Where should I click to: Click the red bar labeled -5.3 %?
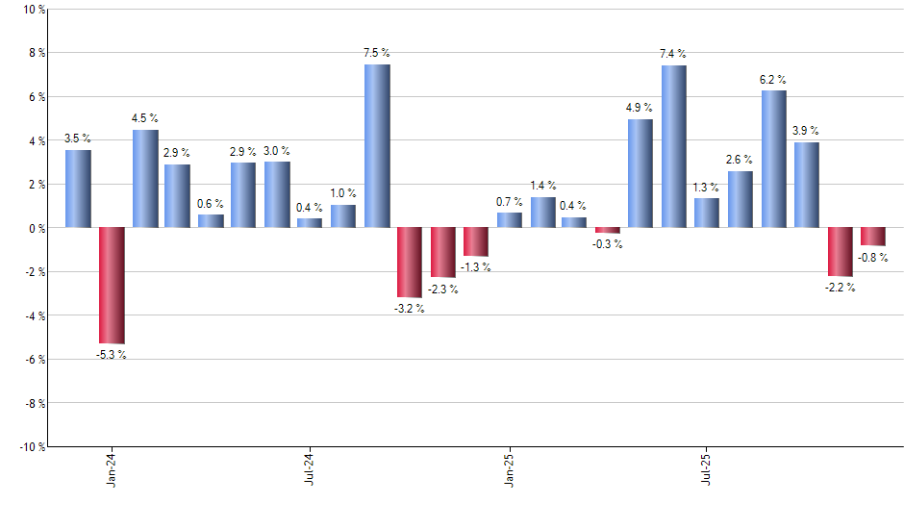point(112,286)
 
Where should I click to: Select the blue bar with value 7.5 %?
point(377,146)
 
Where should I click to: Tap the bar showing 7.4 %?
point(673,146)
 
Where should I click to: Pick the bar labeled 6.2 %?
point(773,159)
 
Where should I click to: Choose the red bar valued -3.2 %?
point(410,263)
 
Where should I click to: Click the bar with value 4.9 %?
point(640,173)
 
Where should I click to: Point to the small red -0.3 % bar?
point(608,231)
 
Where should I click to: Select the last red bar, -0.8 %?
point(873,237)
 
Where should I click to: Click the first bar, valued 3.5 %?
point(79,189)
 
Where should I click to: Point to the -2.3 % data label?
point(443,290)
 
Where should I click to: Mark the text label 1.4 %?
point(543,186)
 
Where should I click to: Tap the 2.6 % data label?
point(740,160)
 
